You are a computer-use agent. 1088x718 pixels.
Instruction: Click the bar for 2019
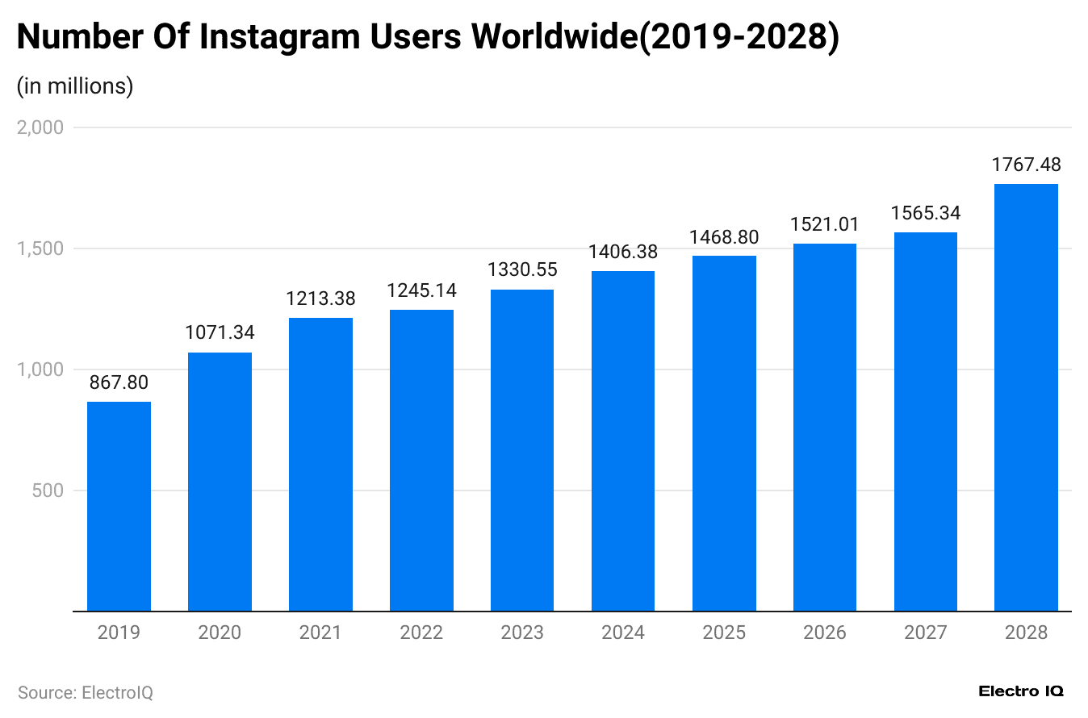tap(119, 506)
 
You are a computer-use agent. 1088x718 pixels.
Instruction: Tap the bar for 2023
tap(522, 450)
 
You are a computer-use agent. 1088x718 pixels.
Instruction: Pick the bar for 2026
tap(824, 427)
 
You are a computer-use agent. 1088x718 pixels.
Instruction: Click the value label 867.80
tap(119, 382)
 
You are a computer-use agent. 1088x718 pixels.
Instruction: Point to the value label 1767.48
tap(1026, 165)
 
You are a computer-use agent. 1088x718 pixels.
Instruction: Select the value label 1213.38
tap(320, 298)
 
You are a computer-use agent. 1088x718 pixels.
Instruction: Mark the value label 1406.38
tap(623, 252)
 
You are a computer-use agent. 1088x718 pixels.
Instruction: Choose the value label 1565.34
tap(925, 213)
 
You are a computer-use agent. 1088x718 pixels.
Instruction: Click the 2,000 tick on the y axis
tap(40, 127)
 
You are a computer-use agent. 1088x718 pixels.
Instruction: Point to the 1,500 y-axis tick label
tap(40, 248)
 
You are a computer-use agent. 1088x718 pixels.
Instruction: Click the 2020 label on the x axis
tap(220, 632)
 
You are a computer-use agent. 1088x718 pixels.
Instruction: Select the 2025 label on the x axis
tap(724, 632)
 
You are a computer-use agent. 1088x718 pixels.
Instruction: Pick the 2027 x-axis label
tap(925, 632)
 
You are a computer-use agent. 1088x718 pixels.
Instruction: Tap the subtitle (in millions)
tap(75, 86)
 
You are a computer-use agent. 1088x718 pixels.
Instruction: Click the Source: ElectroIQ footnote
tap(86, 692)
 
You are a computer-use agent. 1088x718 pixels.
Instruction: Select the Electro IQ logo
tap(1021, 691)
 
